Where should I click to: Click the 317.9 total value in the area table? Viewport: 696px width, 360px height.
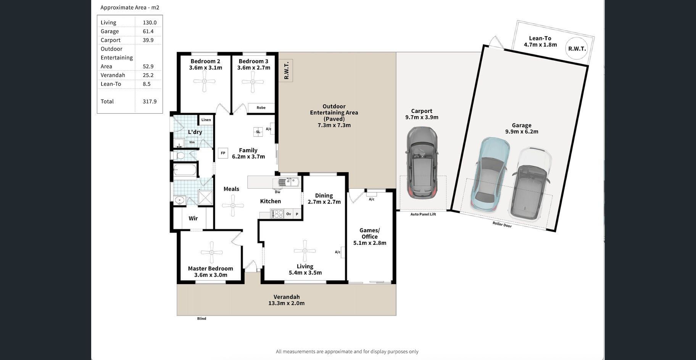(x=150, y=101)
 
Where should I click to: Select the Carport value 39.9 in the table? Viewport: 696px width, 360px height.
(x=148, y=40)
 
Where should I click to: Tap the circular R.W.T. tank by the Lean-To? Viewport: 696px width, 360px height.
(x=577, y=48)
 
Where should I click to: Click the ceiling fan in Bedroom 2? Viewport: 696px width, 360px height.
(x=205, y=81)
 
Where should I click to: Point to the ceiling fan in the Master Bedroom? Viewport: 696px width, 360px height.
(x=211, y=252)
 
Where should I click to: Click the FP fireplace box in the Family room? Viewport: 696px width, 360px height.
(x=223, y=153)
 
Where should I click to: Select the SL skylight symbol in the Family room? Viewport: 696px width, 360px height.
(x=258, y=132)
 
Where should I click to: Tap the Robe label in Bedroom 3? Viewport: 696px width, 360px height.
(x=261, y=108)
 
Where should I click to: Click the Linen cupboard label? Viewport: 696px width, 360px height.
(x=206, y=120)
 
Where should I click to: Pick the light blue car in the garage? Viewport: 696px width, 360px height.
(x=490, y=174)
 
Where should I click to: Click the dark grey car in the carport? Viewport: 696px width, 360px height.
(x=422, y=162)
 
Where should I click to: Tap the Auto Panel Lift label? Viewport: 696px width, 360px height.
(x=423, y=214)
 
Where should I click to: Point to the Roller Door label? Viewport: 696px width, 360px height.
(x=502, y=225)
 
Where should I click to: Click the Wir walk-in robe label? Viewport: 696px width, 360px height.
(x=193, y=219)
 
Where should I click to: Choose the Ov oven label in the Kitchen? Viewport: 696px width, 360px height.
(x=288, y=214)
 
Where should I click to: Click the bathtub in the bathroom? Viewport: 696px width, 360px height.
(x=185, y=170)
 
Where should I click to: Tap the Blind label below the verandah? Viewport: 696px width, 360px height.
(x=201, y=318)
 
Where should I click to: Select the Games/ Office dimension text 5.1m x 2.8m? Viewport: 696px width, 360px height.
(x=370, y=243)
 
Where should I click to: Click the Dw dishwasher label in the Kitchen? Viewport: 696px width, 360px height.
(x=277, y=192)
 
